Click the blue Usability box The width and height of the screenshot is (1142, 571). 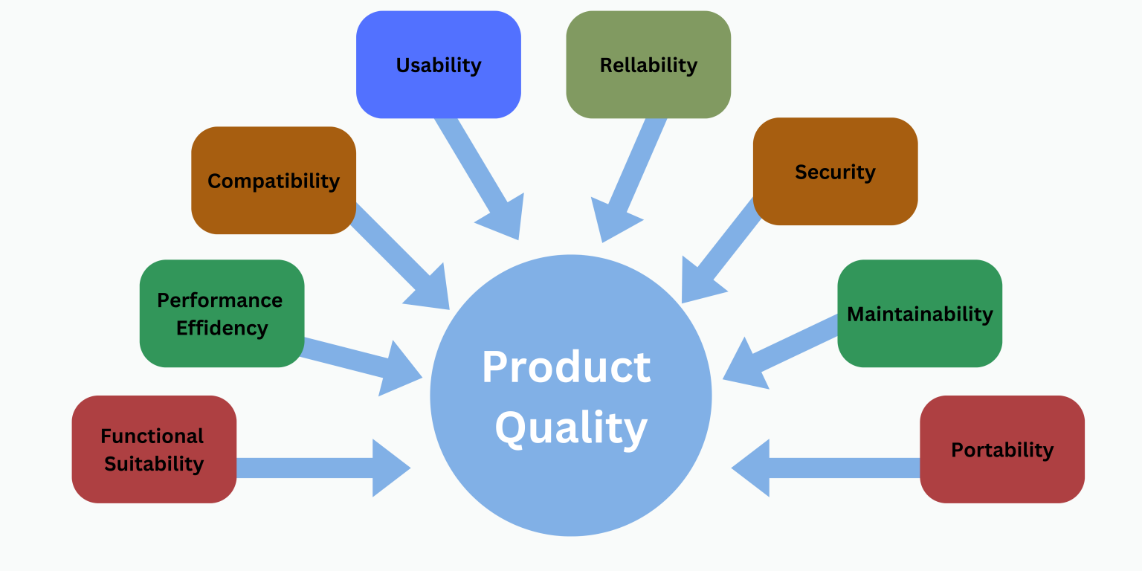[x=439, y=65]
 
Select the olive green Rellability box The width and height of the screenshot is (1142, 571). [x=648, y=65]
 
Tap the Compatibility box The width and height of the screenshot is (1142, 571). [x=274, y=181]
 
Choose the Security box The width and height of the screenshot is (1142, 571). [x=835, y=172]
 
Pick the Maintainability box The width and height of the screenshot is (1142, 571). [x=920, y=314]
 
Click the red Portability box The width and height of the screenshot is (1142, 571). [x=1002, y=450]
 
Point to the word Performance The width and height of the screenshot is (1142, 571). [x=220, y=300]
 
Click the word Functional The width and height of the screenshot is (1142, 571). [x=152, y=436]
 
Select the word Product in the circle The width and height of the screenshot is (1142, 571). [x=567, y=367]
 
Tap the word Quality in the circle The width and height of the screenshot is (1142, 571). [x=571, y=429]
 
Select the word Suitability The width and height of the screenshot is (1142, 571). [x=154, y=464]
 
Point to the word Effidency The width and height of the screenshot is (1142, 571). [x=222, y=328]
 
